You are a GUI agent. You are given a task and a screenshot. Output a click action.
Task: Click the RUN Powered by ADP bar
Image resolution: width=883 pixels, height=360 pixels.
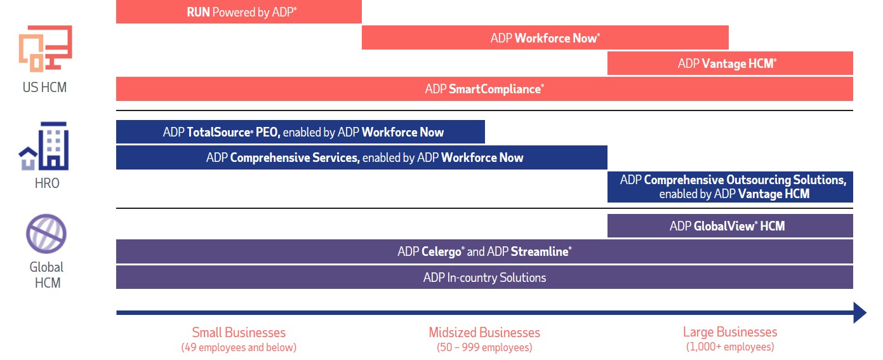pos(239,12)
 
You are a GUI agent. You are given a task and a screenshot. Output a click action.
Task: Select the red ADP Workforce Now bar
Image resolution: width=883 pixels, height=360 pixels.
pos(545,38)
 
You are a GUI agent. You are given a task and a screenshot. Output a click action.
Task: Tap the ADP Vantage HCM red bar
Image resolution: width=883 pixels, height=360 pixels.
pos(729,63)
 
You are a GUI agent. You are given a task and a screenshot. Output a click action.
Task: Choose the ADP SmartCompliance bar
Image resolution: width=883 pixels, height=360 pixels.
pos(484,89)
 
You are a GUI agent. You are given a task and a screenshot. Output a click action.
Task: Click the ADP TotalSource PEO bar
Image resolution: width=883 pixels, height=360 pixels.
pos(300,132)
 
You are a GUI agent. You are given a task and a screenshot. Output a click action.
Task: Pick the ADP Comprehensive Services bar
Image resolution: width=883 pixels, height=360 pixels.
pos(361,157)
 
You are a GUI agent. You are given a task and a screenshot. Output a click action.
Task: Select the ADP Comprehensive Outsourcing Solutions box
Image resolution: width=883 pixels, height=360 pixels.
pos(729,187)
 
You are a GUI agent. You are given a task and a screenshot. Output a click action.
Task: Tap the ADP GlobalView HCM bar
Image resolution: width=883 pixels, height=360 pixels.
pos(729,226)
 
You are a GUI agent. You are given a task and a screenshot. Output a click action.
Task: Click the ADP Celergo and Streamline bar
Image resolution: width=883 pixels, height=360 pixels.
pos(484,251)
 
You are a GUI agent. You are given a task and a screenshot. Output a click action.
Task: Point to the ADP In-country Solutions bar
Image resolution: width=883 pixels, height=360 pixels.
pos(484,277)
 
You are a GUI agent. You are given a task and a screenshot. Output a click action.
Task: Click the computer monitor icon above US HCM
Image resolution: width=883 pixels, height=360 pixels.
pos(45,49)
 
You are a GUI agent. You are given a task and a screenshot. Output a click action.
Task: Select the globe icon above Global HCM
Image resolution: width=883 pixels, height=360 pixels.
pos(46,234)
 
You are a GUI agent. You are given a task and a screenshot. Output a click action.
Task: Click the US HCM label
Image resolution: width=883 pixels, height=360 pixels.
pos(44,88)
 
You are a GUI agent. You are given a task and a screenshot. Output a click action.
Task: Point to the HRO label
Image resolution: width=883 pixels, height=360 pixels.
pos(46,183)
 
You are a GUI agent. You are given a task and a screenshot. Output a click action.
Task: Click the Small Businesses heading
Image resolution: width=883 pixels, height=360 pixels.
pos(239,332)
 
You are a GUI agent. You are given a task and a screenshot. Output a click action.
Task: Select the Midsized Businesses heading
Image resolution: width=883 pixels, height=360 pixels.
pos(484,332)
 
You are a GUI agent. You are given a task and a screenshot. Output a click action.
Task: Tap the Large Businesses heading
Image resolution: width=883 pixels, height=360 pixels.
pos(729,332)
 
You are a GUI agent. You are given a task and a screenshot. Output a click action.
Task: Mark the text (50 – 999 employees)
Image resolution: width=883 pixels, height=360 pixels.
pos(484,347)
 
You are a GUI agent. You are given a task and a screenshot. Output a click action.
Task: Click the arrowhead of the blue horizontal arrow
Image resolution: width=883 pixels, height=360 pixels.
pos(860,312)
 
